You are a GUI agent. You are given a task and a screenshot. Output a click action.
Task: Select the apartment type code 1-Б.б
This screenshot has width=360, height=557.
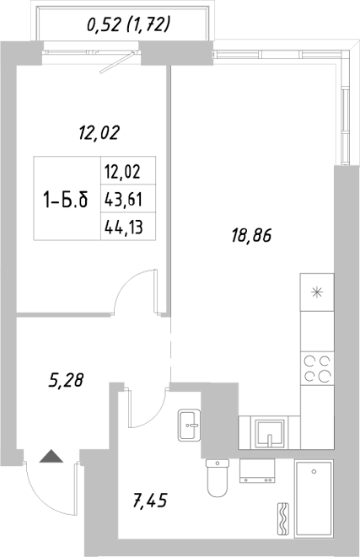pyautogui.click(x=65, y=201)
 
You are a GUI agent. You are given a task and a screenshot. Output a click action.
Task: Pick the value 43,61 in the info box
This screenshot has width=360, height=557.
pyautogui.click(x=120, y=200)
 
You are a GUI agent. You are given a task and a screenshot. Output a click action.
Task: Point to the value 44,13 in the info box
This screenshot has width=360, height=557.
pyautogui.click(x=120, y=226)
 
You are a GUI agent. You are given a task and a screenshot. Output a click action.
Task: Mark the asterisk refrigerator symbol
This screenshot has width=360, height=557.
pyautogui.click(x=316, y=293)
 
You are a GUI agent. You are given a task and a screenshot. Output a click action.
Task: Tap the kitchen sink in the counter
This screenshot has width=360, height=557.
pyautogui.click(x=268, y=434)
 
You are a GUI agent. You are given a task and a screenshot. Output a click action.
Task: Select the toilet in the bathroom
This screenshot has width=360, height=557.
pyautogui.click(x=218, y=479)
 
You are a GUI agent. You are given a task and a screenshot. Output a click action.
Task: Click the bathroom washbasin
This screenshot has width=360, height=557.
pyautogui.click(x=189, y=426)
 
